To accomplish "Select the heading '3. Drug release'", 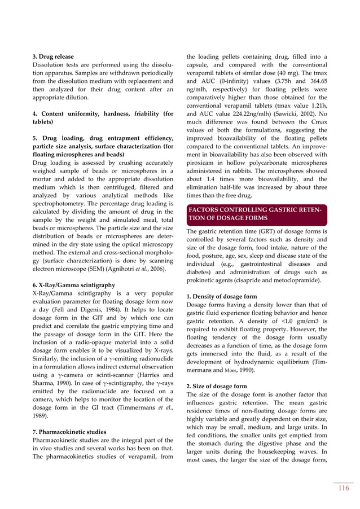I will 53,56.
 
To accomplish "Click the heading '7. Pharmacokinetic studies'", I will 70,432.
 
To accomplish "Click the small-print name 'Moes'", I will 230,369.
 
